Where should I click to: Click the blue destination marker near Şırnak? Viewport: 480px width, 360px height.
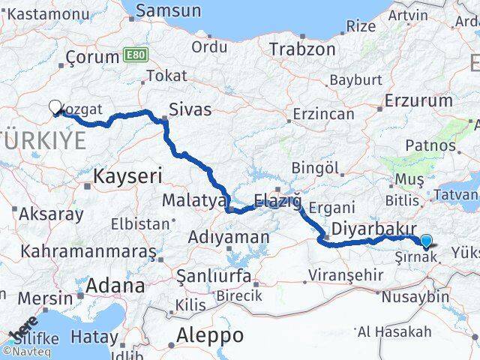pyautogui.click(x=427, y=241)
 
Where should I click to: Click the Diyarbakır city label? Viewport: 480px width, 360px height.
pyautogui.click(x=363, y=228)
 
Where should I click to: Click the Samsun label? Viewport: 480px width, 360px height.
pyautogui.click(x=168, y=10)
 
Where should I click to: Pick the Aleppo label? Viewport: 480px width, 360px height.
pyautogui.click(x=211, y=334)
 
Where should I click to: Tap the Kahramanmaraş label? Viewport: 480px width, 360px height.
pyautogui.click(x=87, y=251)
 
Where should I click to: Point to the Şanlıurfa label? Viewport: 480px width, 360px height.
pyautogui.click(x=213, y=277)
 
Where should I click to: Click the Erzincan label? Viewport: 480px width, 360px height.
pyautogui.click(x=323, y=114)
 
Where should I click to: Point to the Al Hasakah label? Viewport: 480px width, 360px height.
pyautogui.click(x=405, y=331)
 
